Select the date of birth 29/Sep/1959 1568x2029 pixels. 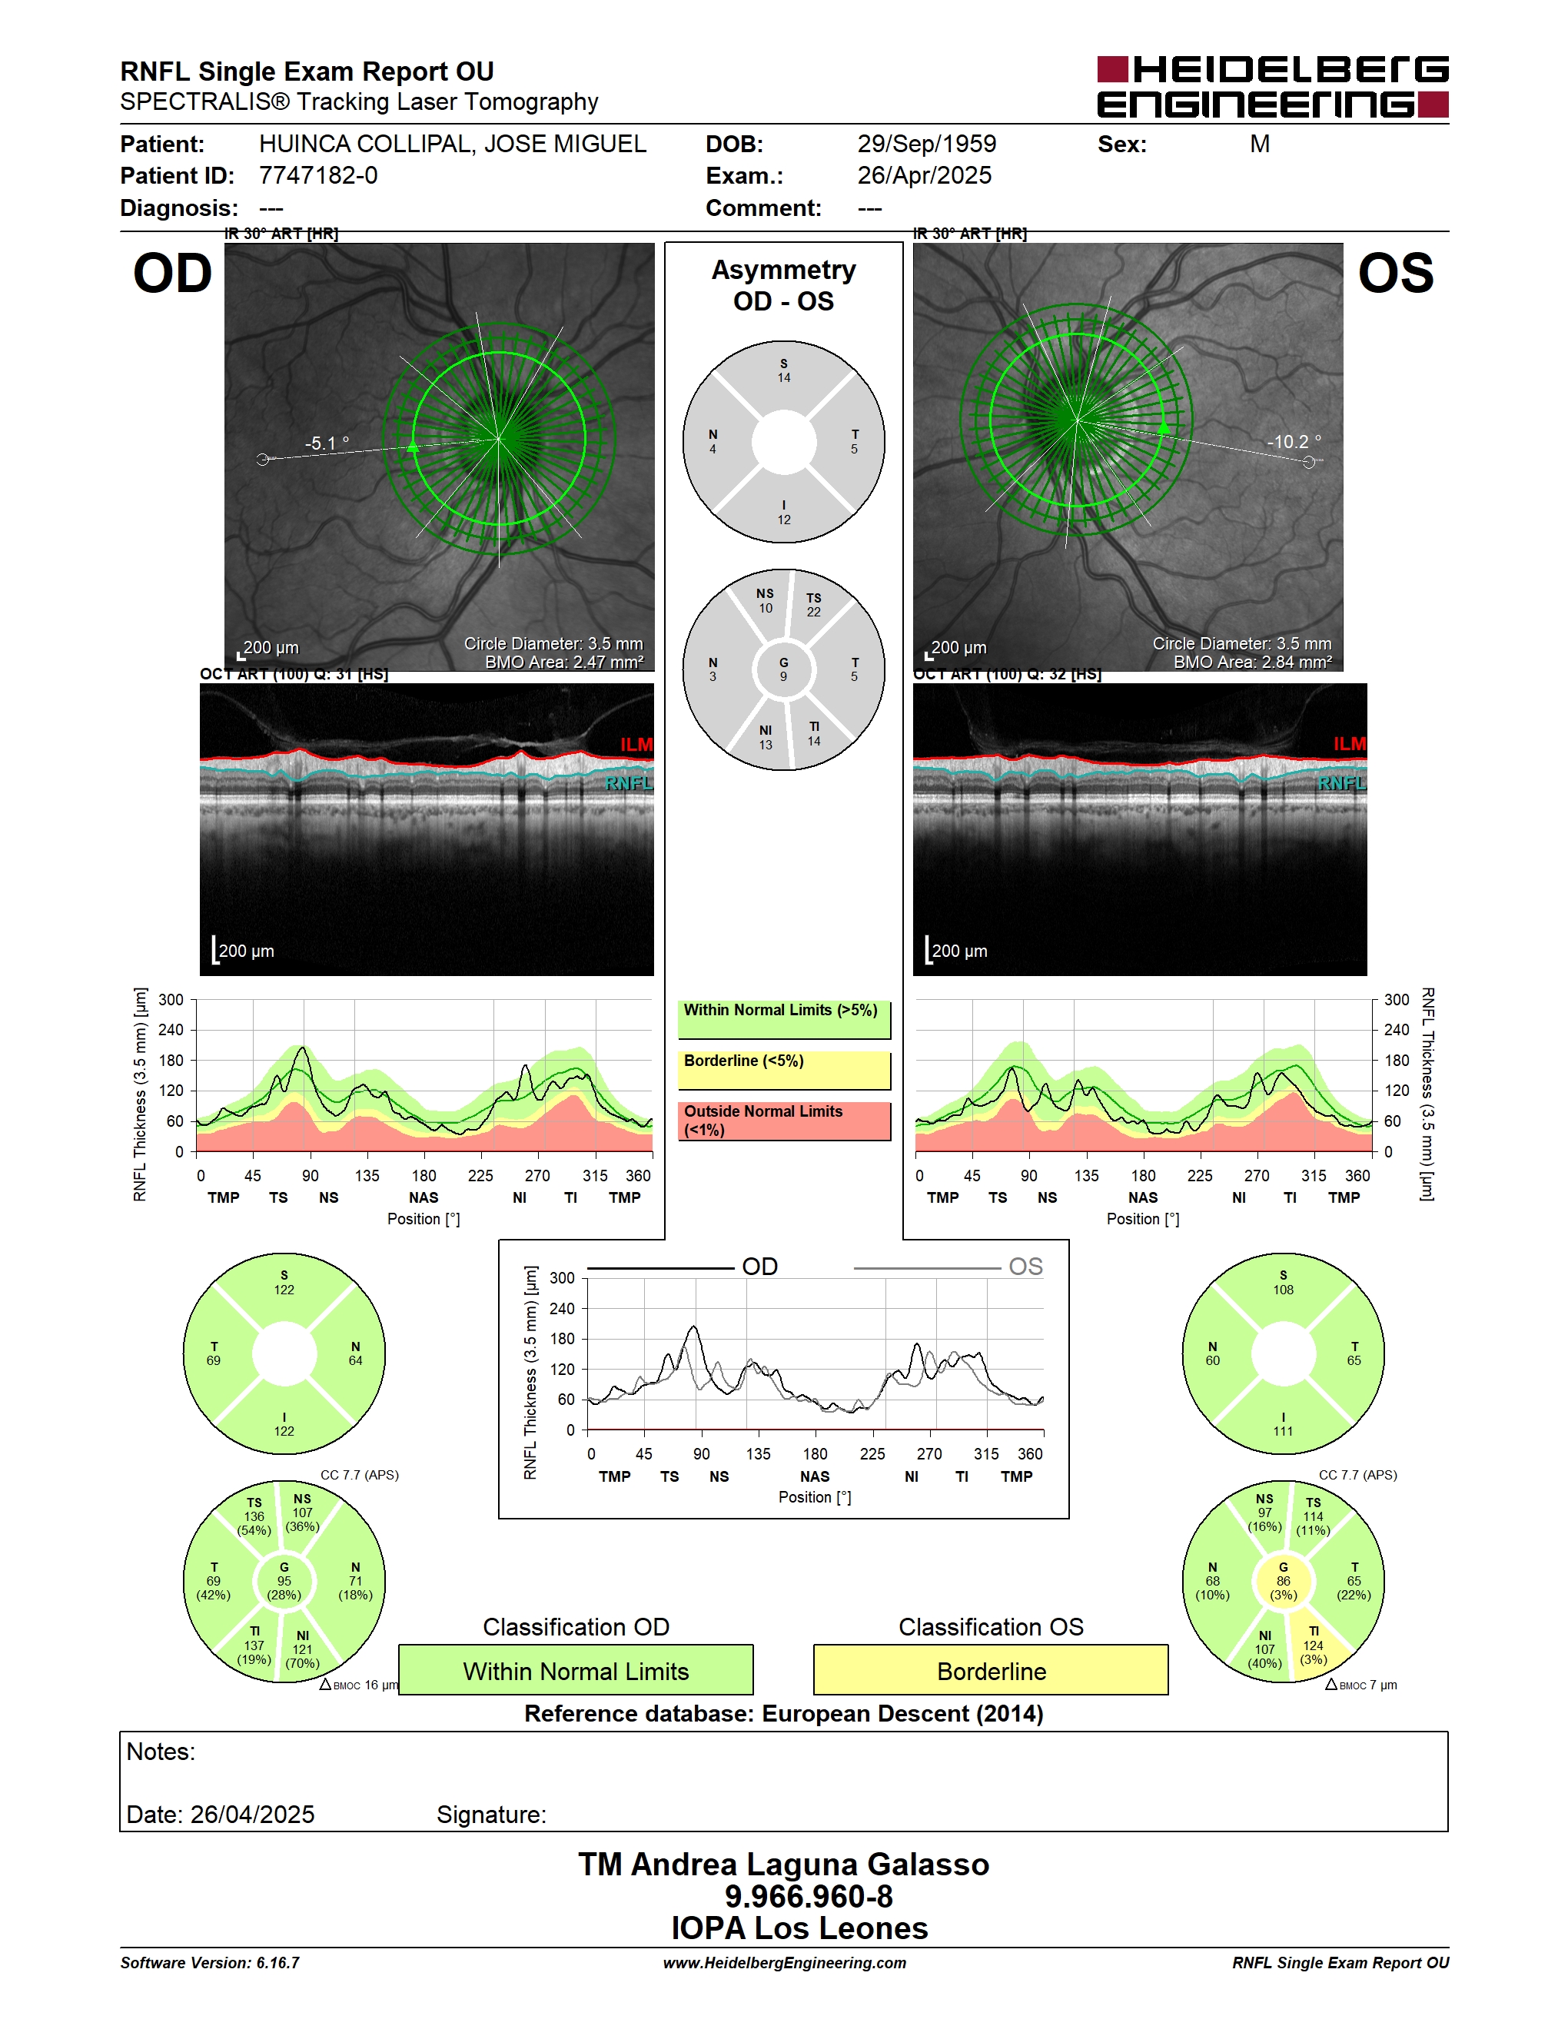click(926, 144)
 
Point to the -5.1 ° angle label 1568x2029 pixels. click(327, 443)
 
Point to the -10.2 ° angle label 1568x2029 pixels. click(1294, 442)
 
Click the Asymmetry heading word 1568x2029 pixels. click(783, 270)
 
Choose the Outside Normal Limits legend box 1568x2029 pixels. click(784, 1121)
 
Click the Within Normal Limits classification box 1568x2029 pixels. click(576, 1670)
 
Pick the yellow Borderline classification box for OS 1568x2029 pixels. click(992, 1670)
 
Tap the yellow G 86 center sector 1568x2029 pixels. click(1283, 1580)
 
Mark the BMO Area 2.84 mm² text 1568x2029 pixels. click(1252, 662)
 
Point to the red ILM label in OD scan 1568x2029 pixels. click(636, 744)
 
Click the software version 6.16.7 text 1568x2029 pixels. click(210, 1963)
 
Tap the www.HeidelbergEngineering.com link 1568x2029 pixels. click(784, 1963)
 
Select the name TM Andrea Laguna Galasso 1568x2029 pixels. click(784, 1865)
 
